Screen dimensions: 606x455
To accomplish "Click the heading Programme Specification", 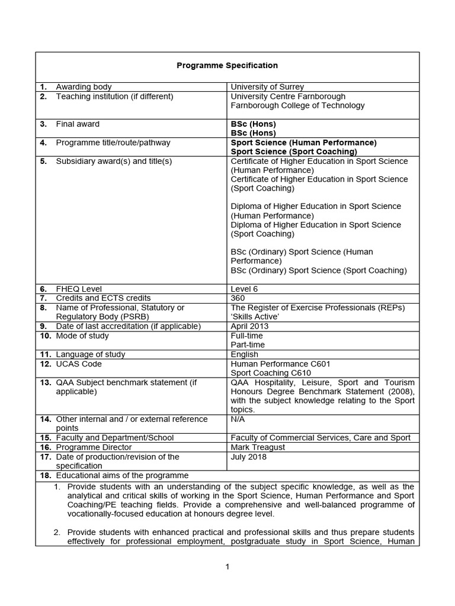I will (227, 66).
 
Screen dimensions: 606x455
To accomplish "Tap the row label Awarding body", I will (84, 87).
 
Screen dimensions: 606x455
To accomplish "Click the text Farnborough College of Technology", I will (297, 105).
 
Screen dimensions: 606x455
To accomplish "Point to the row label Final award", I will (78, 124).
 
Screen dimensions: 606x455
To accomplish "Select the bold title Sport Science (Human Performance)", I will (303, 143).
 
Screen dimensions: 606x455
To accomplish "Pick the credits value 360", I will (238, 298).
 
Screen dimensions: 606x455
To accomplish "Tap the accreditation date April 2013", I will (249, 326).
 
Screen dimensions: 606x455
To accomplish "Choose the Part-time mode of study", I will (248, 344).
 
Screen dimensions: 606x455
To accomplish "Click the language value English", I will (244, 354).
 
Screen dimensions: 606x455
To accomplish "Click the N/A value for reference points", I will (238, 419).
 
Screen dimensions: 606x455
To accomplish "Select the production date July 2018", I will (248, 457).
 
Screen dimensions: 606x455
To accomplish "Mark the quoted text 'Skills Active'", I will (255, 317).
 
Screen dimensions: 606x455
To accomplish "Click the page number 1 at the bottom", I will (227, 566).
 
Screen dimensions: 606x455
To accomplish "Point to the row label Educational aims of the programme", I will (122, 475).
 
